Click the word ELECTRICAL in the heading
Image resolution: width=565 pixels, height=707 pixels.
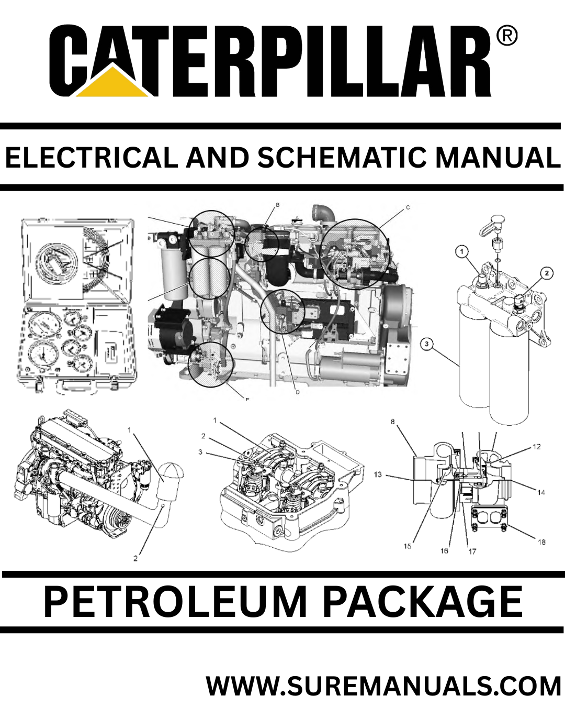(91, 158)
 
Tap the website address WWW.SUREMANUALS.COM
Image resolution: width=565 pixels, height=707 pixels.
(383, 686)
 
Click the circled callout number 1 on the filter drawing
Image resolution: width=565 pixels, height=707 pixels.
(461, 251)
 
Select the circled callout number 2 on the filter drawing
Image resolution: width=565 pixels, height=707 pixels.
(547, 273)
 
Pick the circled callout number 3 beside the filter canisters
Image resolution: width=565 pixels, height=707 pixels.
(427, 344)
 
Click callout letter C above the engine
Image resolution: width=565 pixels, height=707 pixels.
(408, 207)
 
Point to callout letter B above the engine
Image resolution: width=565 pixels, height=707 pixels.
(278, 205)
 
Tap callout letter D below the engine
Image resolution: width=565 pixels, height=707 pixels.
(297, 392)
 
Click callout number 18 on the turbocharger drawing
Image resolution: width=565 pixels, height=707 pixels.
(541, 542)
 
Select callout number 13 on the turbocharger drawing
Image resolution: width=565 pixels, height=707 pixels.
(378, 474)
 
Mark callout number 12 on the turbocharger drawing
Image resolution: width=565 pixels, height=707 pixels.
(537, 447)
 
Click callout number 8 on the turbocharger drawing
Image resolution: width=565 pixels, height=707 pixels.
(393, 422)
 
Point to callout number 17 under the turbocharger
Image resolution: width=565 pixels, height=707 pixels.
(472, 551)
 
